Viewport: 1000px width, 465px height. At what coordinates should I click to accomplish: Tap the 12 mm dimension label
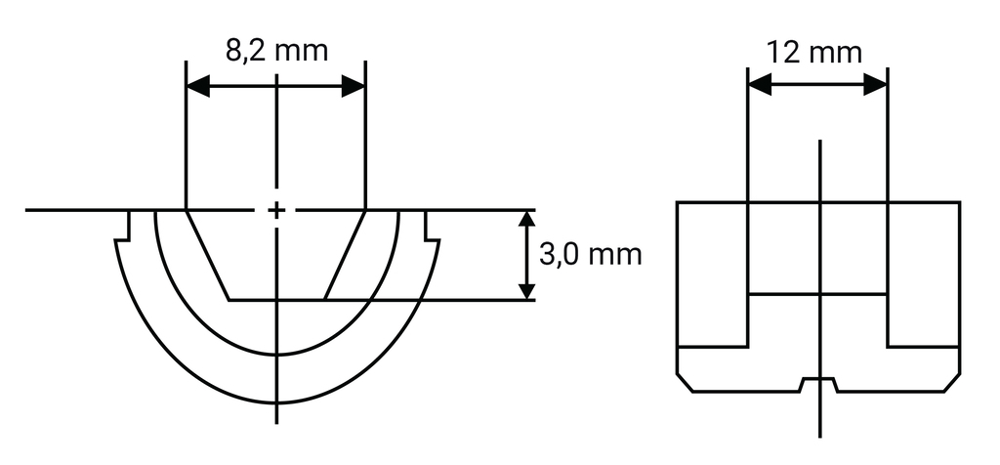point(815,51)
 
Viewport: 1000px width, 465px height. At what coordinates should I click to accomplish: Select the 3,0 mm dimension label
point(590,255)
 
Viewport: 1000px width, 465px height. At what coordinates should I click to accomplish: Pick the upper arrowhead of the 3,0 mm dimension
point(526,221)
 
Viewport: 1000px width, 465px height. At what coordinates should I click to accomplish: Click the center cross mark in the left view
point(277,210)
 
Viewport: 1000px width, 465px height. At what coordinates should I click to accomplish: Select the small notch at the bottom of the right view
point(817,380)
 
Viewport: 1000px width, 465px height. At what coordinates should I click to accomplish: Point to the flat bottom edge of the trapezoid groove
point(276,299)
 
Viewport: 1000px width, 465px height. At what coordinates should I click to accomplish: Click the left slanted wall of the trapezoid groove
point(207,255)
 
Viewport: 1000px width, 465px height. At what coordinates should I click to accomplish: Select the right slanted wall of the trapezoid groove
point(345,255)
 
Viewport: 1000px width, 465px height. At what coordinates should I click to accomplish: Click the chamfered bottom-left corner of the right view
point(685,382)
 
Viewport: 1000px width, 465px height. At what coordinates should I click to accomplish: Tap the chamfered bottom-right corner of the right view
point(952,382)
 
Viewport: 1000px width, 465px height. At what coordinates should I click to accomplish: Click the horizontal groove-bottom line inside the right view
point(817,294)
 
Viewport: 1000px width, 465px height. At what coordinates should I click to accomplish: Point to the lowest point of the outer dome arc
point(277,402)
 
